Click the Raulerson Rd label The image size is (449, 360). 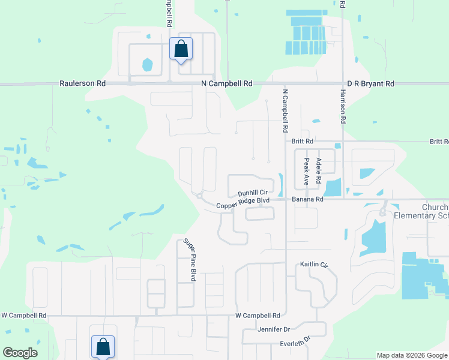pyautogui.click(x=83, y=84)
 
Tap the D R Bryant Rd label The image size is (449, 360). pyautogui.click(x=371, y=84)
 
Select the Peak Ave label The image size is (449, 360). pyautogui.click(x=306, y=171)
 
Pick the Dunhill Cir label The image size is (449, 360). pyautogui.click(x=252, y=193)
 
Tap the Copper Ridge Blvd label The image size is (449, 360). pyautogui.click(x=243, y=205)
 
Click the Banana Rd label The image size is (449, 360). pyautogui.click(x=307, y=199)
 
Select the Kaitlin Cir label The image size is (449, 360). pyautogui.click(x=315, y=265)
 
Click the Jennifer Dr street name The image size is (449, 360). pyautogui.click(x=274, y=329)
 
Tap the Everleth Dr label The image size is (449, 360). pyautogui.click(x=294, y=341)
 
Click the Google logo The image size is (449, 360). pyautogui.click(x=20, y=352)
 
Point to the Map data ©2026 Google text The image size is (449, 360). pyautogui.click(x=412, y=355)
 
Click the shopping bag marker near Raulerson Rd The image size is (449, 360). pyautogui.click(x=181, y=49)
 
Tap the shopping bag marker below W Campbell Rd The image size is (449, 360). pyautogui.click(x=103, y=346)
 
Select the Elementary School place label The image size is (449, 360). pyautogui.click(x=421, y=215)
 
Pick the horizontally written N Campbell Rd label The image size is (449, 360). pyautogui.click(x=227, y=84)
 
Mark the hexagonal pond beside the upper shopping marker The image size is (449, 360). pyautogui.click(x=147, y=64)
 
